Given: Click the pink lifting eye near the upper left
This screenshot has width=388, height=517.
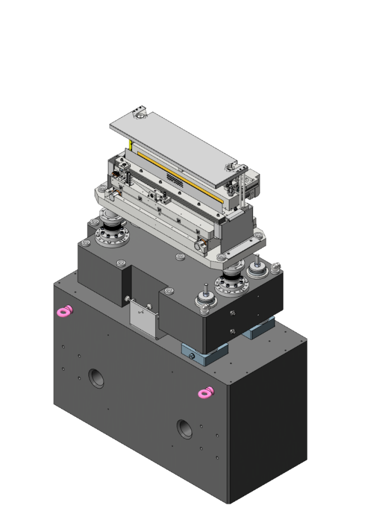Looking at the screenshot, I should (64, 311).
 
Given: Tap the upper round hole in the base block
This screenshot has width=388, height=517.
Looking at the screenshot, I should (96, 378).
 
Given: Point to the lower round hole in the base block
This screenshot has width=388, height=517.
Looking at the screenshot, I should (184, 429).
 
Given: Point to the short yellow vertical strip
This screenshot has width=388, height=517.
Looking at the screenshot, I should (130, 145).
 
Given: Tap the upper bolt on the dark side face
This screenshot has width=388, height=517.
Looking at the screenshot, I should (232, 313).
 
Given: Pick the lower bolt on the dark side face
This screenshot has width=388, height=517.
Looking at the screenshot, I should (232, 331).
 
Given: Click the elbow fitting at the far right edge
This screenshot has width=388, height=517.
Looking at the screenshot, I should (275, 265).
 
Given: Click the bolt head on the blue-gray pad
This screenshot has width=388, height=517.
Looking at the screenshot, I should (193, 356).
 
